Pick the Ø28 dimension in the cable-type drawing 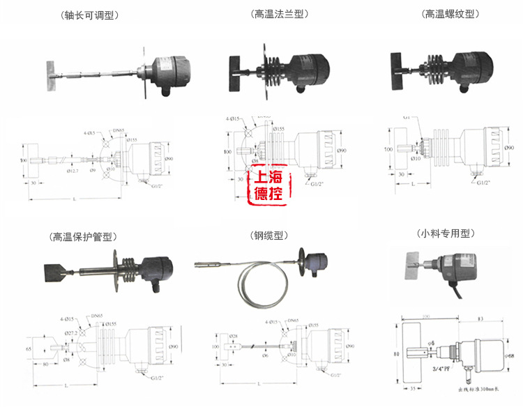[234, 336]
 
